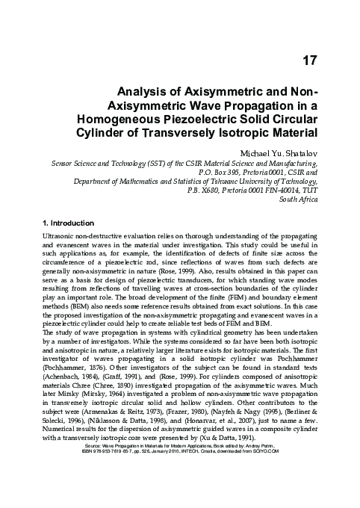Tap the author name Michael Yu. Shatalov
(281, 152)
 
